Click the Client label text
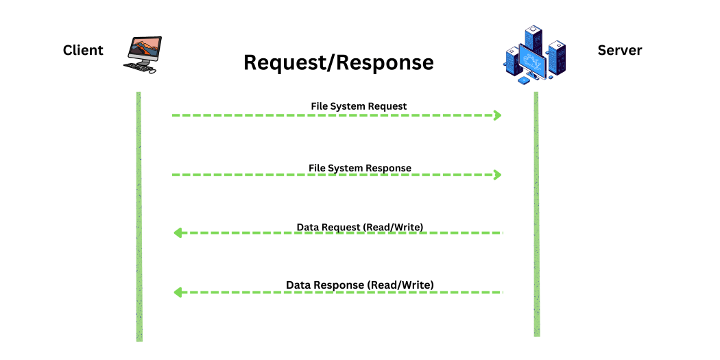pyautogui.click(x=83, y=50)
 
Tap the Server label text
pyautogui.click(x=620, y=50)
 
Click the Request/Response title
pyautogui.click(x=339, y=62)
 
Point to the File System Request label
pyautogui.click(x=359, y=106)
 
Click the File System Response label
pyautogui.click(x=359, y=168)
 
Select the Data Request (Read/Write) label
pyautogui.click(x=360, y=226)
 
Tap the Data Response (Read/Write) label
pyautogui.click(x=360, y=285)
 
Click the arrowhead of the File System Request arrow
pyautogui.click(x=499, y=115)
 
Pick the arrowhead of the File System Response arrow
pyautogui.click(x=499, y=175)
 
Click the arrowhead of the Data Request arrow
pyautogui.click(x=177, y=233)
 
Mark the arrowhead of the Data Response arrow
pyautogui.click(x=177, y=293)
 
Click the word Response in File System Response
pyautogui.click(x=389, y=168)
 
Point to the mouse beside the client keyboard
pyautogui.click(x=153, y=71)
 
